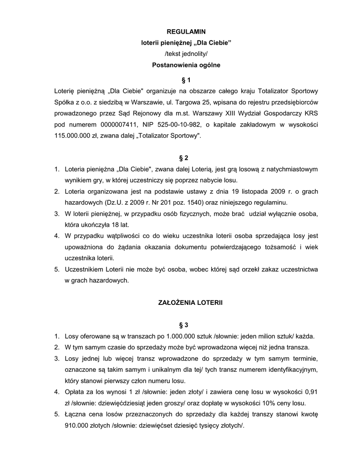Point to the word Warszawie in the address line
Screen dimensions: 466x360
pyautogui.click(x=157, y=102)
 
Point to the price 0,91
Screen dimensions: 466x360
pyautogui.click(x=311, y=392)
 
